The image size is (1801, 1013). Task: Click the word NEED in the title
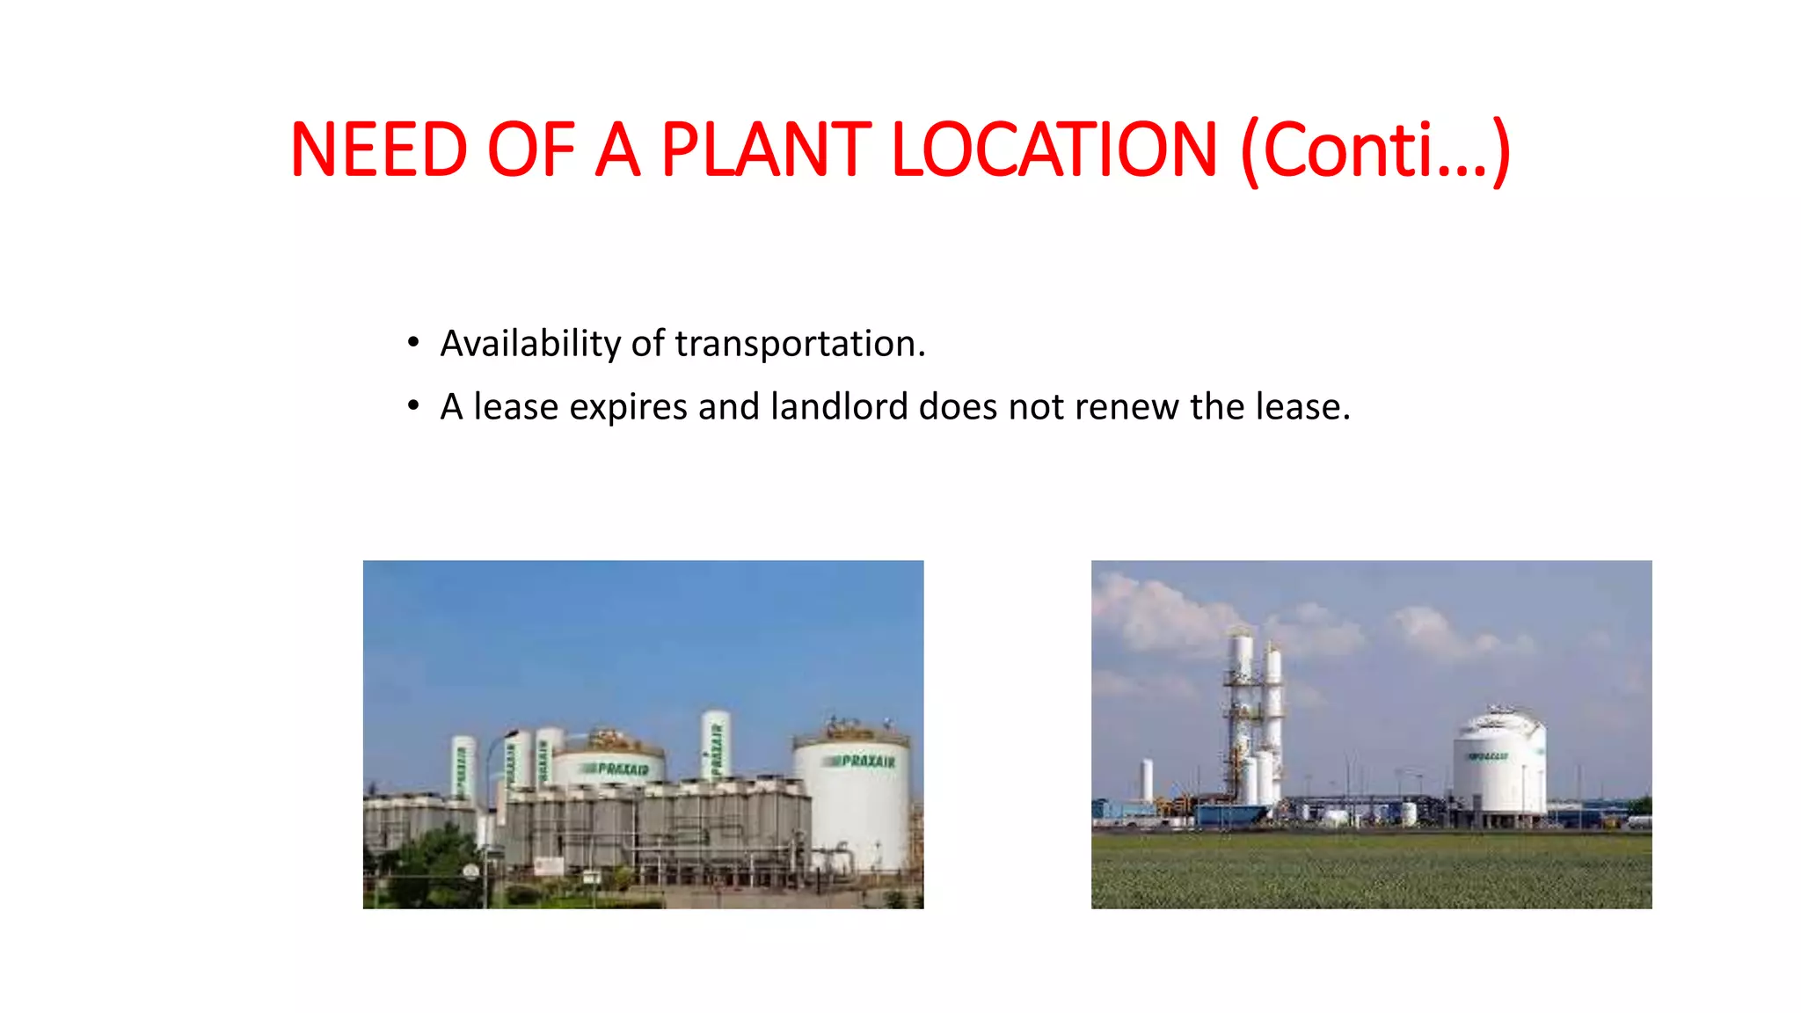pos(378,150)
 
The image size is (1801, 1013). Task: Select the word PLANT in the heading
pos(765,150)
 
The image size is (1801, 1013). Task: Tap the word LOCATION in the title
pos(1054,150)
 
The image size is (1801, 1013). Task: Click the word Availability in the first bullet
pos(530,344)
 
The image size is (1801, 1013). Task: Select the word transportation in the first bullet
pos(799,344)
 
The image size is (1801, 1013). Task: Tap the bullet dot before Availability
pos(413,342)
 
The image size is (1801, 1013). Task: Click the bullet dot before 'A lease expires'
pos(413,406)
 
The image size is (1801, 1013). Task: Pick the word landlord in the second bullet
pos(839,407)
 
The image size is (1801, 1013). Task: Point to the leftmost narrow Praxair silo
pos(462,768)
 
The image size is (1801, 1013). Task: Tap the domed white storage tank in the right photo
pos(1498,765)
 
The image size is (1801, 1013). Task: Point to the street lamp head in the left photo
pos(511,732)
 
